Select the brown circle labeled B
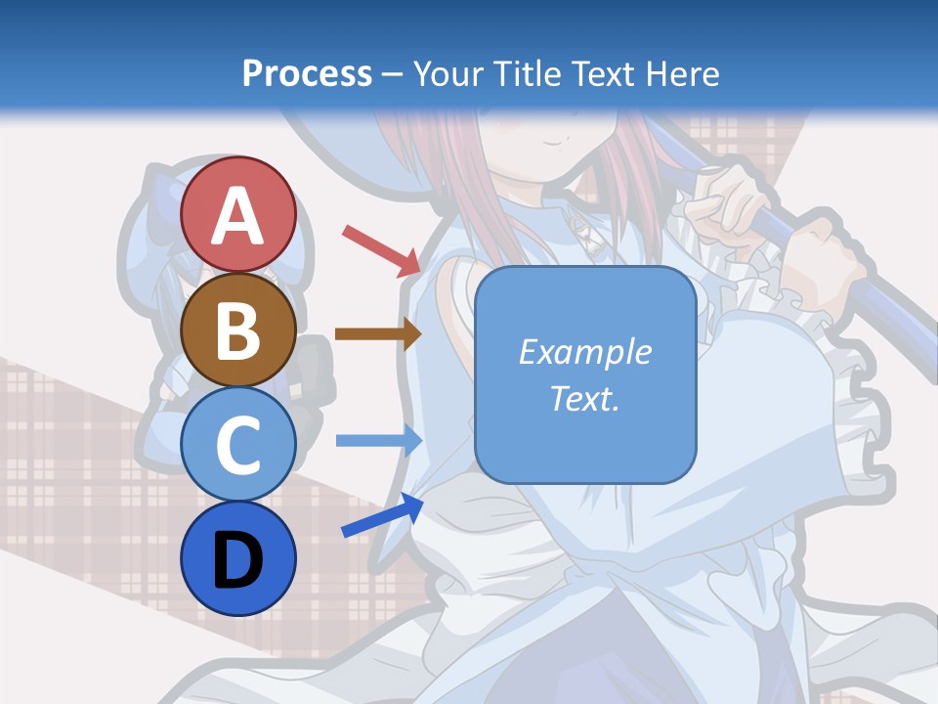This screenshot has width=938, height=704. pyautogui.click(x=237, y=330)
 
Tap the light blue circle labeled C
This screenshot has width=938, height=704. pyautogui.click(x=237, y=444)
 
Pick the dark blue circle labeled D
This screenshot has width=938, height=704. pyautogui.click(x=237, y=558)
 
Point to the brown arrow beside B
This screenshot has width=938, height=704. pyautogui.click(x=377, y=334)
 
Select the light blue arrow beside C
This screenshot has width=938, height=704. pyautogui.click(x=378, y=441)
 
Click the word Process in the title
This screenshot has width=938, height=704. pyautogui.click(x=307, y=73)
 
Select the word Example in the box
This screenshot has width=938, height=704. pyautogui.click(x=585, y=352)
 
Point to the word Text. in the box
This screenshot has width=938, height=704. pyautogui.click(x=585, y=399)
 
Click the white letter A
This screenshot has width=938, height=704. pyautogui.click(x=237, y=216)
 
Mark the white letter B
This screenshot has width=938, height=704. pyautogui.click(x=237, y=330)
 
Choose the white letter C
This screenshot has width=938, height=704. pyautogui.click(x=237, y=445)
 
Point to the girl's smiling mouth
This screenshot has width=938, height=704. pyautogui.click(x=552, y=143)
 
